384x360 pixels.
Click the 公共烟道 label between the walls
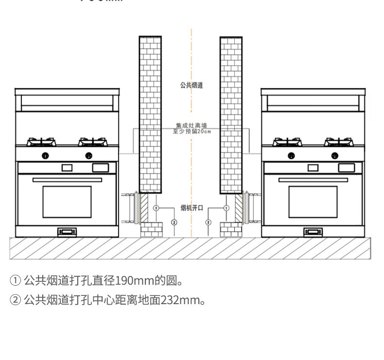tap(191, 86)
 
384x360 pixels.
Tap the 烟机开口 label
tap(191, 208)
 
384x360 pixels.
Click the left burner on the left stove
tap(41, 142)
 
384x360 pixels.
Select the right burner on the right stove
tap(339, 142)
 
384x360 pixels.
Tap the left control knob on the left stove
tap(45, 155)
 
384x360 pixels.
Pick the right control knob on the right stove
tap(335, 155)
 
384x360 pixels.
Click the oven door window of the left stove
tap(67, 202)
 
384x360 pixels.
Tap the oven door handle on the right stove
tap(313, 180)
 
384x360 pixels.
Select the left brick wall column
tap(150, 114)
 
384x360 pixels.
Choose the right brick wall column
tap(231, 114)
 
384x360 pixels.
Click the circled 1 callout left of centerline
tap(156, 208)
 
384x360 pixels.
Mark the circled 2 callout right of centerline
tap(209, 222)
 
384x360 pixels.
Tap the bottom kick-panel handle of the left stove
tap(67, 232)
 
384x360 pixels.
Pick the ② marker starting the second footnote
tap(16, 300)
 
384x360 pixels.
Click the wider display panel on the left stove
tap(101, 168)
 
